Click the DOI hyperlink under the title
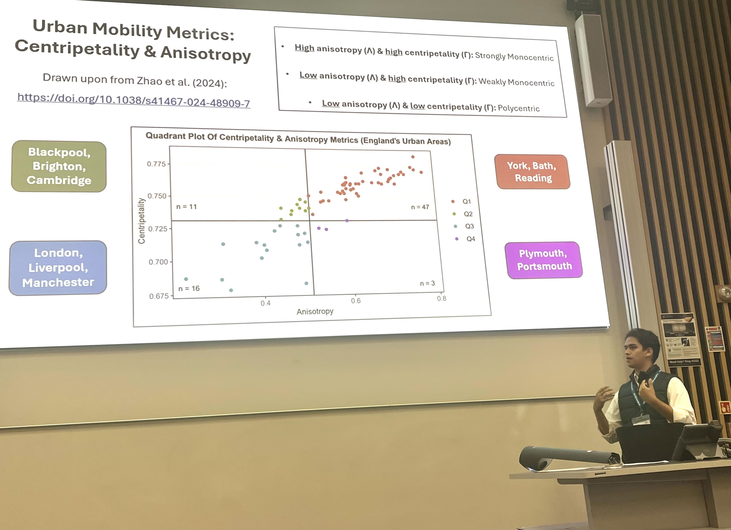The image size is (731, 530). pyautogui.click(x=133, y=100)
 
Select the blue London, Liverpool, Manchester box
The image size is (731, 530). pyautogui.click(x=58, y=268)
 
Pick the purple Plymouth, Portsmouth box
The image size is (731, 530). pyautogui.click(x=544, y=260)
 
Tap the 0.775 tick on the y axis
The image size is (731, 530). pyautogui.click(x=156, y=164)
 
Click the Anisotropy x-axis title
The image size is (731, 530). pyautogui.click(x=315, y=311)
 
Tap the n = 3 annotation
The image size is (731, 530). pyautogui.click(x=427, y=283)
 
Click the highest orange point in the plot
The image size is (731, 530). pyautogui.click(x=413, y=157)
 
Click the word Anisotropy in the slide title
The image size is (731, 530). pyautogui.click(x=205, y=53)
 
